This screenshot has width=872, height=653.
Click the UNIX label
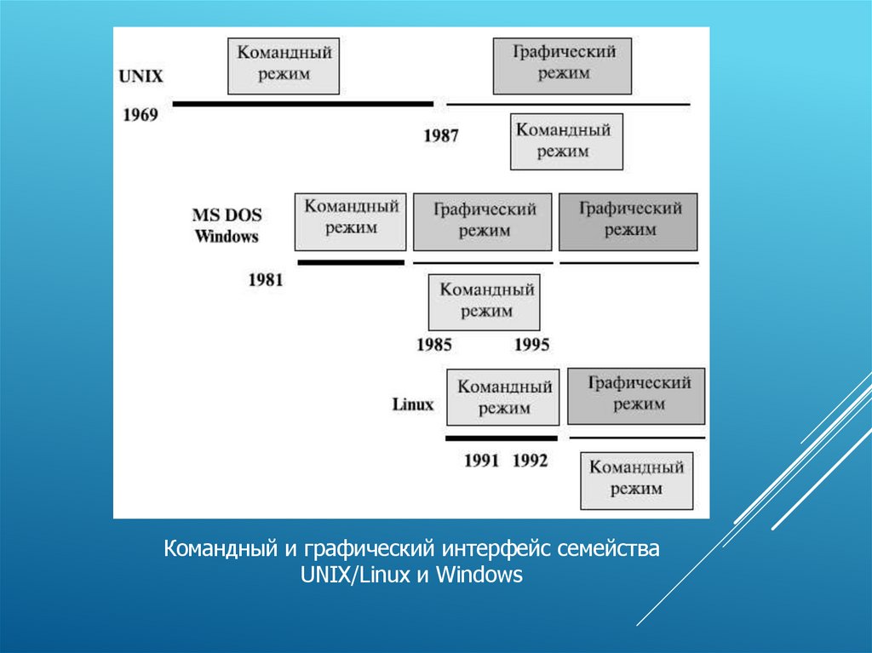point(141,76)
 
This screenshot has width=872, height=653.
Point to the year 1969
point(141,114)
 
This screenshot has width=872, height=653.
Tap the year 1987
point(441,135)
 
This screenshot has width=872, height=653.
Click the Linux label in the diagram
point(413,404)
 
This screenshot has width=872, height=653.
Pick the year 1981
point(266,278)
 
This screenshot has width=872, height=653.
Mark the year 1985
point(434,345)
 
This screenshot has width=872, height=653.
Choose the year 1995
point(532,345)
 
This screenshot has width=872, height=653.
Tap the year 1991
point(481,461)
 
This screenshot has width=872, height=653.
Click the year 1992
point(531,461)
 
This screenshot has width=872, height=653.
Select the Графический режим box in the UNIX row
point(563,65)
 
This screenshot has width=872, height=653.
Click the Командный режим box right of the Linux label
point(504,397)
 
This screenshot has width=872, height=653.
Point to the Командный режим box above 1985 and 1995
point(485,301)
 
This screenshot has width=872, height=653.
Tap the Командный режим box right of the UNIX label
point(284,65)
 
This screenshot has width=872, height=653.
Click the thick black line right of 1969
point(302,104)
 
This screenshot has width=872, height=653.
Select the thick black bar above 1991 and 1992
point(502,438)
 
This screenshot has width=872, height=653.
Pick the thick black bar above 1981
point(350,262)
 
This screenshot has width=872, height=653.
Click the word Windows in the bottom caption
point(480,576)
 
